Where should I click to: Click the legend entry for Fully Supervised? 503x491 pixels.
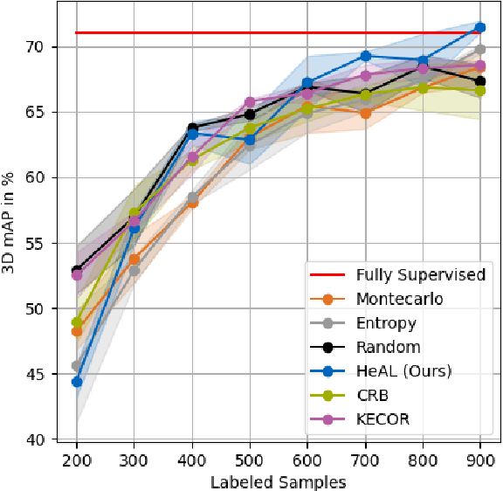pyautogui.click(x=420, y=274)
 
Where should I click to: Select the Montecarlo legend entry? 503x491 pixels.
pyautogui.click(x=400, y=299)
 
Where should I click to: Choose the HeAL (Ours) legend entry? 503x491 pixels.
pyautogui.click(x=403, y=371)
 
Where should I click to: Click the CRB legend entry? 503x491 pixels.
pyautogui.click(x=373, y=396)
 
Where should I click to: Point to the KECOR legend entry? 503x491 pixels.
pyautogui.click(x=382, y=419)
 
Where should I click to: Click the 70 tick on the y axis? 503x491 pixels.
pyautogui.click(x=41, y=46)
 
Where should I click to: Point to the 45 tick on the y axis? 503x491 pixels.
pyautogui.click(x=41, y=374)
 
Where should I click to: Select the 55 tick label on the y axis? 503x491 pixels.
pyautogui.click(x=41, y=243)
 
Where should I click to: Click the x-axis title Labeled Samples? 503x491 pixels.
pyautogui.click(x=278, y=481)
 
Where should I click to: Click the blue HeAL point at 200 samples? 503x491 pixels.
pyautogui.click(x=77, y=382)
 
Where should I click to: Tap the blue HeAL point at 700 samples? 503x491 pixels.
pyautogui.click(x=365, y=56)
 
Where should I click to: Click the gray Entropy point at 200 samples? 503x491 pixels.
pyautogui.click(x=77, y=366)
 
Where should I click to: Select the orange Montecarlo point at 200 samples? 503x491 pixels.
pyautogui.click(x=77, y=332)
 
